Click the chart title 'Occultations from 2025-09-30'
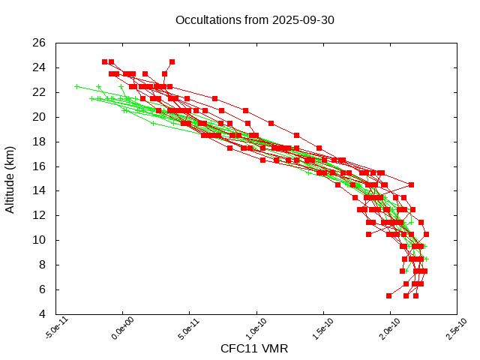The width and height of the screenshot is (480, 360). coord(254,19)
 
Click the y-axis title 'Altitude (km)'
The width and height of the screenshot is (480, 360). coord(10,178)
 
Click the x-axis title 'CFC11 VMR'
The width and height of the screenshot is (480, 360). coord(254,348)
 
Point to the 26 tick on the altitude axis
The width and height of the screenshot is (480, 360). coord(40,43)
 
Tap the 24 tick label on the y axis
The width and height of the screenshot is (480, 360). coord(40,67)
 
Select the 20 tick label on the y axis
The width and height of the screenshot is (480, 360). coord(40,117)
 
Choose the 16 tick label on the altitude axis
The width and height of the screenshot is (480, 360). coord(40,166)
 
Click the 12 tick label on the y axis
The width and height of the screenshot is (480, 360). coord(40,215)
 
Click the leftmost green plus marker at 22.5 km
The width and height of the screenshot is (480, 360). coord(77,86)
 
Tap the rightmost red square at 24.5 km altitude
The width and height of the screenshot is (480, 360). coord(172,61)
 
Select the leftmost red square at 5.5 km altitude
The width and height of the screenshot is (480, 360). coord(388,295)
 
